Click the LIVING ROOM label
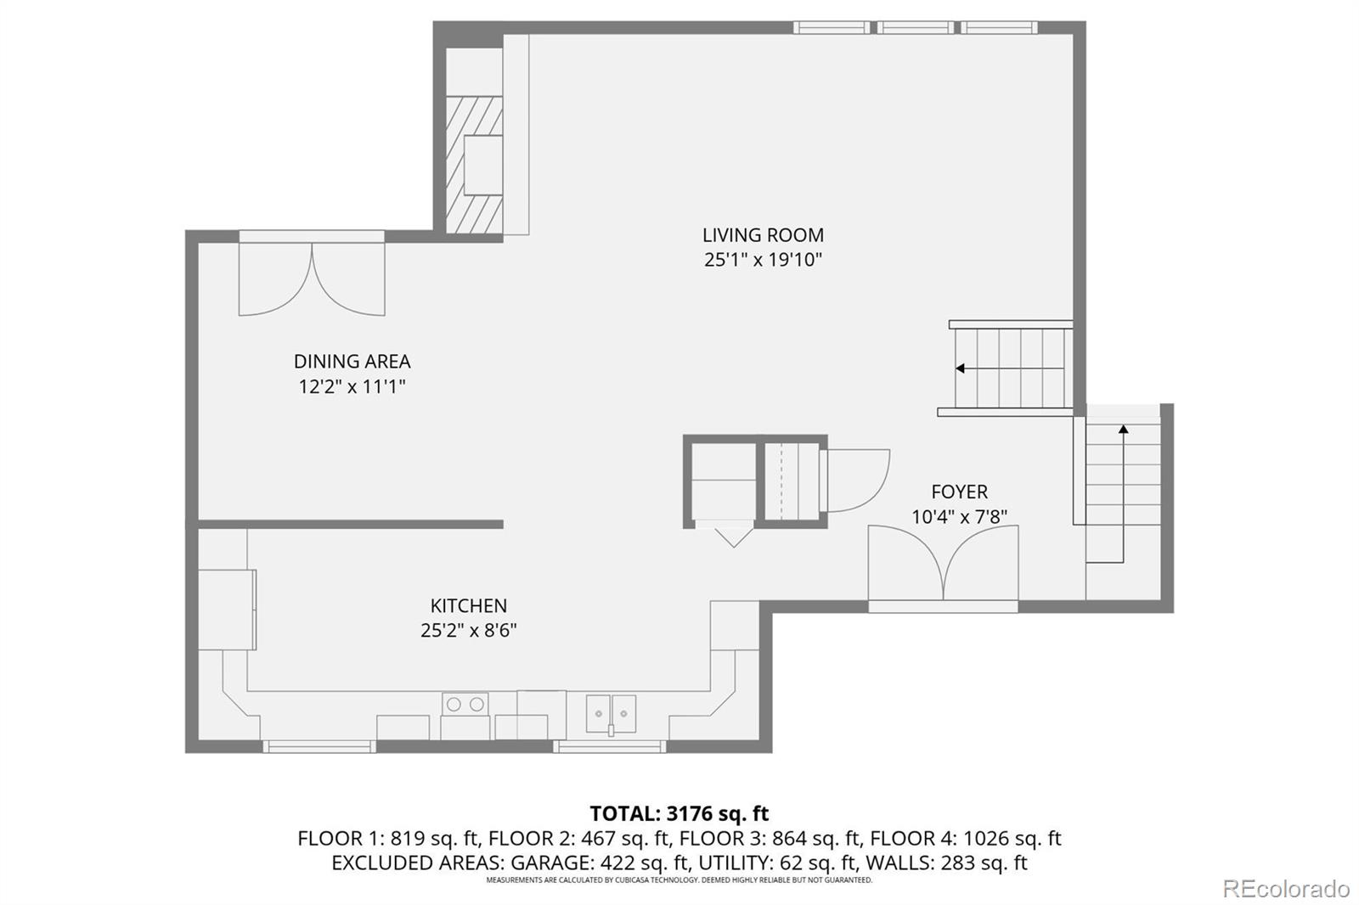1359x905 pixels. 763,235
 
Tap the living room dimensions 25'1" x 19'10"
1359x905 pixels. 763,260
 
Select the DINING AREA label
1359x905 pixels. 352,362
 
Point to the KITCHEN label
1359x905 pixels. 468,606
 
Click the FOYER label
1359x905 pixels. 959,492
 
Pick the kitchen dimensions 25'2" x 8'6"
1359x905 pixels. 468,631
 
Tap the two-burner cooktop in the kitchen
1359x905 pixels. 465,705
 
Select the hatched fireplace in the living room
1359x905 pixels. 474,165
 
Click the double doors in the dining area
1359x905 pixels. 312,278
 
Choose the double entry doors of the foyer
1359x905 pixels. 943,564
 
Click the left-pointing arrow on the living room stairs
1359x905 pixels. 961,368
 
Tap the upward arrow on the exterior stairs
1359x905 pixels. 1123,430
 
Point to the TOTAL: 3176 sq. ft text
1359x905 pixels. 679,813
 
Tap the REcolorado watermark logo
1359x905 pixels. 1285,889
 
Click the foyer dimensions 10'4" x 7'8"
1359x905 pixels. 959,517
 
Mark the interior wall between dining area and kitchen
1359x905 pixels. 350,525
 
